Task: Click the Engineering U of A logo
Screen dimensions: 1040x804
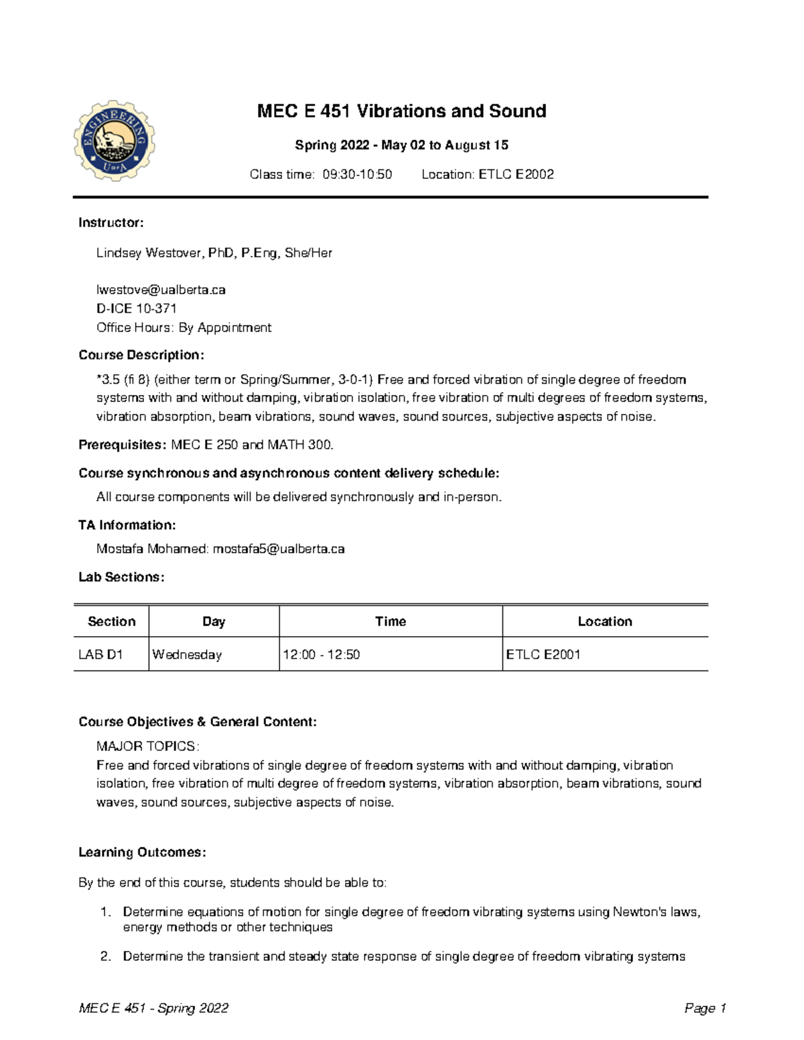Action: (114, 141)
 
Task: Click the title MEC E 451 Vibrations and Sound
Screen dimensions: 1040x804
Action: (401, 111)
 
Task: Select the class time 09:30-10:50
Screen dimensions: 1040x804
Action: (357, 175)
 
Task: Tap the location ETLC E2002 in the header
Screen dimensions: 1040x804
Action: (515, 175)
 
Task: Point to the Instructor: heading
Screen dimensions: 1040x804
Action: (111, 223)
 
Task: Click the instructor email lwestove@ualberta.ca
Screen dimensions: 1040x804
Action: (161, 290)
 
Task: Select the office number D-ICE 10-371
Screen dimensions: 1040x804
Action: (137, 309)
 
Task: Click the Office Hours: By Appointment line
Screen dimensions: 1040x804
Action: (184, 327)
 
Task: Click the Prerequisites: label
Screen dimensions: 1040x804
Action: (122, 445)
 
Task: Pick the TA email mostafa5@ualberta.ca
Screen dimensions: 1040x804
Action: (278, 549)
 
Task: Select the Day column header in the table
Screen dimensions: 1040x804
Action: (214, 621)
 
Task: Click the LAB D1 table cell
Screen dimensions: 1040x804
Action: (100, 654)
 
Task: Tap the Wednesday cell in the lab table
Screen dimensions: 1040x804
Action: (187, 654)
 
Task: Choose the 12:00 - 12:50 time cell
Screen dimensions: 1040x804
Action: (321, 654)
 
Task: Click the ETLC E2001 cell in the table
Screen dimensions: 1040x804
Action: (543, 654)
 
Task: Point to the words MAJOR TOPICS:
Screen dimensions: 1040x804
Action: (147, 746)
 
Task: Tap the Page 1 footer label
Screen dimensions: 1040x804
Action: (705, 1009)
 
